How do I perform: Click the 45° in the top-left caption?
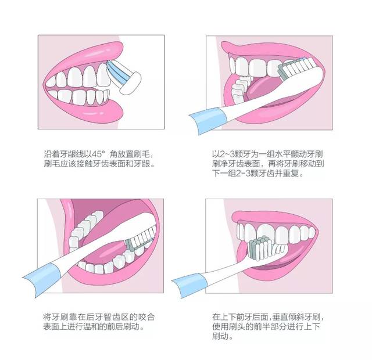[97, 154]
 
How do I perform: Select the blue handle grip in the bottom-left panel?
[42, 280]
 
